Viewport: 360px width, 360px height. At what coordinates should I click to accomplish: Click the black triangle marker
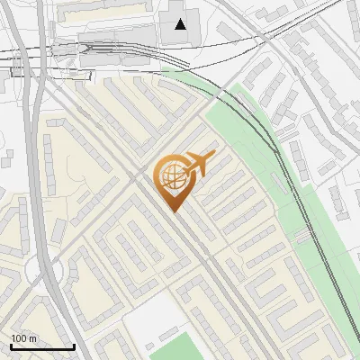coord(181,24)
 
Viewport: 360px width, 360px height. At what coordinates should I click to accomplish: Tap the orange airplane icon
coord(201,164)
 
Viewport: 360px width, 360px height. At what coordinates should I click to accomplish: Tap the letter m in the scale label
coord(33,337)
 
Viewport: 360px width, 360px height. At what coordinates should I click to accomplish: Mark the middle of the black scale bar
coord(42,346)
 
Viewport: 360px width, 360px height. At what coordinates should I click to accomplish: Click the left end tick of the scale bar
coord(11,345)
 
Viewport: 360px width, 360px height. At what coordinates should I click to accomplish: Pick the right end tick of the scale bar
coord(74,345)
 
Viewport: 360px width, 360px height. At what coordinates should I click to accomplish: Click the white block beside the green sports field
coord(149,319)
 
